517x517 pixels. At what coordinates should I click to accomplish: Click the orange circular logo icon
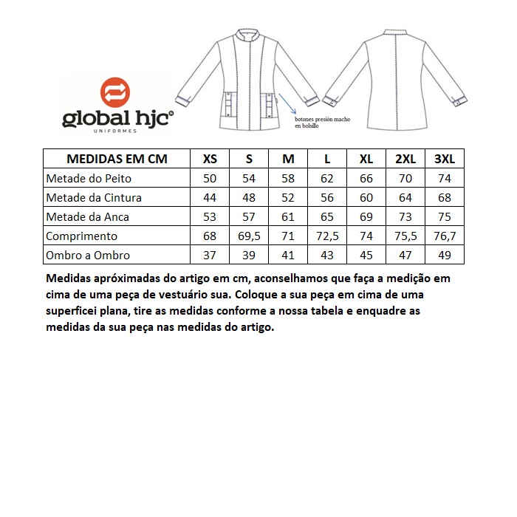tap(117, 92)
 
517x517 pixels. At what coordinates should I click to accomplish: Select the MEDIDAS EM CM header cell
tap(117, 159)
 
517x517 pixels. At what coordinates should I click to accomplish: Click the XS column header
tap(210, 159)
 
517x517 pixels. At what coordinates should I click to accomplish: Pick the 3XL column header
tap(444, 159)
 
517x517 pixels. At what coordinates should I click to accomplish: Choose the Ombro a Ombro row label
tap(88, 255)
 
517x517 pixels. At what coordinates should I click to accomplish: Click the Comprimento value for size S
tap(250, 236)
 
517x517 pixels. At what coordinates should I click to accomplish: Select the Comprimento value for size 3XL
tap(444, 236)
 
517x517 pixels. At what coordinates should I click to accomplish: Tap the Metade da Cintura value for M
tap(288, 198)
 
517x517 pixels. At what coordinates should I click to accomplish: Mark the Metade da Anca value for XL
tap(366, 217)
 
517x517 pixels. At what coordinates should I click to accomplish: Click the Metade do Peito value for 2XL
tap(405, 179)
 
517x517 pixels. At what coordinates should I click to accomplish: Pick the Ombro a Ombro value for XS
tap(210, 255)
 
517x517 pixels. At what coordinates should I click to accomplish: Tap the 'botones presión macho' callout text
tap(321, 122)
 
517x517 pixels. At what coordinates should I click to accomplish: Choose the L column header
tap(327, 159)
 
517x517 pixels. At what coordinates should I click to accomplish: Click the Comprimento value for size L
tap(327, 236)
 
